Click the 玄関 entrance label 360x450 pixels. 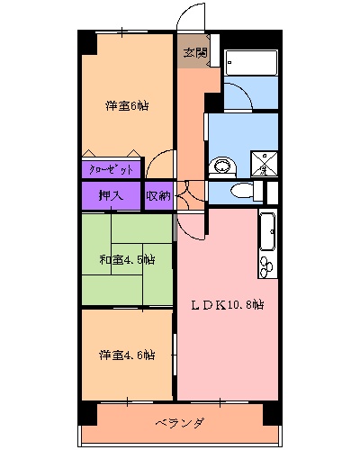193,53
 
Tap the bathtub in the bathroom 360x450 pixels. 251,64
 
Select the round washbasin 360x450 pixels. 221,166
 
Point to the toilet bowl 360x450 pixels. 241,192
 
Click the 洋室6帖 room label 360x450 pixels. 126,106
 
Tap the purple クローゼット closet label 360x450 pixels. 112,169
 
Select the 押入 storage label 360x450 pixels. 112,195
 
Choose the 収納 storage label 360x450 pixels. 158,195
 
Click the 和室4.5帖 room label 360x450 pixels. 126,260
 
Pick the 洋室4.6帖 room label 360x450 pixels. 126,355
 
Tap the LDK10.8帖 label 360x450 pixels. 226,303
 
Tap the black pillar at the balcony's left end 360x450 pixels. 87,413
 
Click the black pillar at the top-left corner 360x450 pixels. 85,42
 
